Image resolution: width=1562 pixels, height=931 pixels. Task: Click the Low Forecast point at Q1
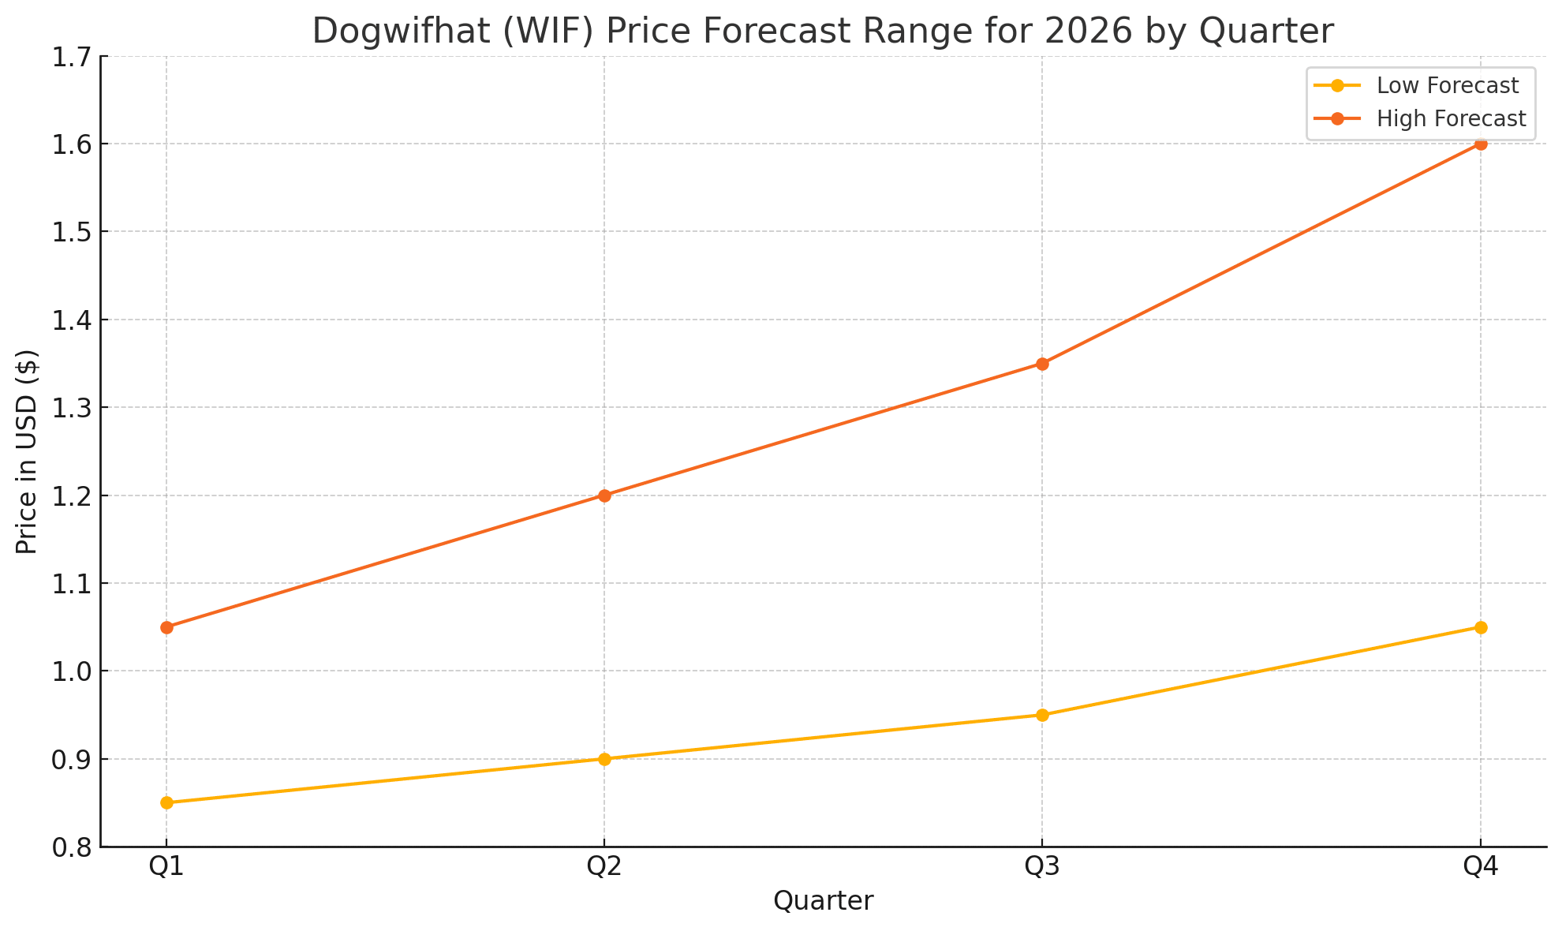(x=166, y=803)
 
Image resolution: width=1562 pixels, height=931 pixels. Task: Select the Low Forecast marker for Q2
(x=604, y=759)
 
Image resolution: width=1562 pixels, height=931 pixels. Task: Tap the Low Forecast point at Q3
(x=1042, y=715)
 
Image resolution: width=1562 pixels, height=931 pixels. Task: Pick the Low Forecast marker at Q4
(x=1481, y=627)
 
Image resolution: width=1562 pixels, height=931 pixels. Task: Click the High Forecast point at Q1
(x=166, y=627)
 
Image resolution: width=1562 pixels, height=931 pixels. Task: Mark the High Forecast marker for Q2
(x=604, y=495)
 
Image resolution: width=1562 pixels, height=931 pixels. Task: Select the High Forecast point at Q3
(x=1042, y=364)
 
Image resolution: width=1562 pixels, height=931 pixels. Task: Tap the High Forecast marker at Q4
(x=1481, y=144)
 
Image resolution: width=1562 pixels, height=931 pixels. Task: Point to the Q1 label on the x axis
(x=166, y=868)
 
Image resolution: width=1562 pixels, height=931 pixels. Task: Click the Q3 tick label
(x=1042, y=868)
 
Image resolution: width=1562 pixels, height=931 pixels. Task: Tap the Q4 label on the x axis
(x=1481, y=868)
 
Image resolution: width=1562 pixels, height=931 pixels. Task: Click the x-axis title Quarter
(x=823, y=901)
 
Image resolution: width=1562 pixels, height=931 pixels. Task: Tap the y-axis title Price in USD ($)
(x=27, y=451)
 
